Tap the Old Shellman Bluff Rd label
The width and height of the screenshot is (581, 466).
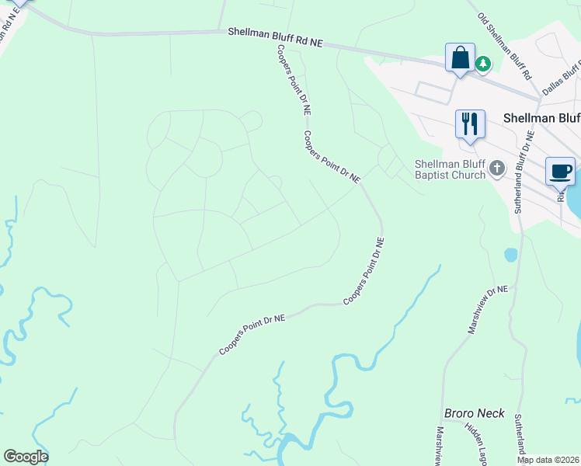pos(504,47)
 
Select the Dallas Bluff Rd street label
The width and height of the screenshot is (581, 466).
pos(562,78)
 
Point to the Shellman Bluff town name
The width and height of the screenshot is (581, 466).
pos(541,118)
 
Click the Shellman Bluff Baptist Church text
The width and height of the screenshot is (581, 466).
pos(450,169)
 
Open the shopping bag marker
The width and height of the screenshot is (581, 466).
pos(460,58)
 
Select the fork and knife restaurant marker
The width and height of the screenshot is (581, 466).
pos(470,124)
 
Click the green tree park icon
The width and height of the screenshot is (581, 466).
pos(483,63)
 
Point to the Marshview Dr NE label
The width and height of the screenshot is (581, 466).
pos(487,310)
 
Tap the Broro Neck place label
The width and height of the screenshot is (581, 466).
pos(474,413)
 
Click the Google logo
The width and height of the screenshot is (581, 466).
pos(26,456)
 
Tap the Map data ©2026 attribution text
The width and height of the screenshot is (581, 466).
pos(548,460)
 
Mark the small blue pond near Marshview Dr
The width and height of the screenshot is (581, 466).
pos(510,255)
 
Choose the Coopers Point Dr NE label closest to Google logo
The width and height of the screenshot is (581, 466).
pos(252,335)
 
